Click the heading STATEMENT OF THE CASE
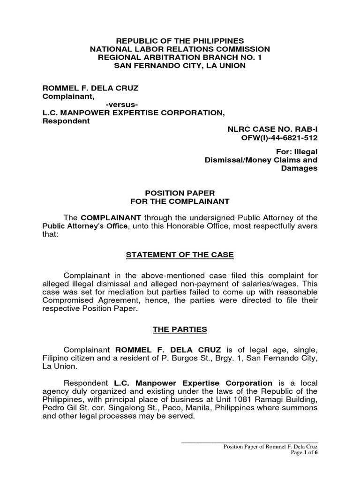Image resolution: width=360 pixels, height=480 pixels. pyautogui.click(x=180, y=255)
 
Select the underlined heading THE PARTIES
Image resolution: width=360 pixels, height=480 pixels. pyautogui.click(x=180, y=330)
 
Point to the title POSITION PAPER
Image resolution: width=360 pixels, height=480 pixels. pyautogui.click(x=180, y=194)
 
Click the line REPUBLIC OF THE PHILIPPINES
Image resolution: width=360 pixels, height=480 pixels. pyautogui.click(x=180, y=41)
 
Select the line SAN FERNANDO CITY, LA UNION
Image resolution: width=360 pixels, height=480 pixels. pyautogui.click(x=180, y=65)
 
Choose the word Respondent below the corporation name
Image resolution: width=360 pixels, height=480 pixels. pyautogui.click(x=66, y=121)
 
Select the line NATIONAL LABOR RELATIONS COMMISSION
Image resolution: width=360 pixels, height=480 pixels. pyautogui.click(x=180, y=49)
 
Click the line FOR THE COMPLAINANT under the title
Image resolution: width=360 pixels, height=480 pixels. pyautogui.click(x=180, y=202)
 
